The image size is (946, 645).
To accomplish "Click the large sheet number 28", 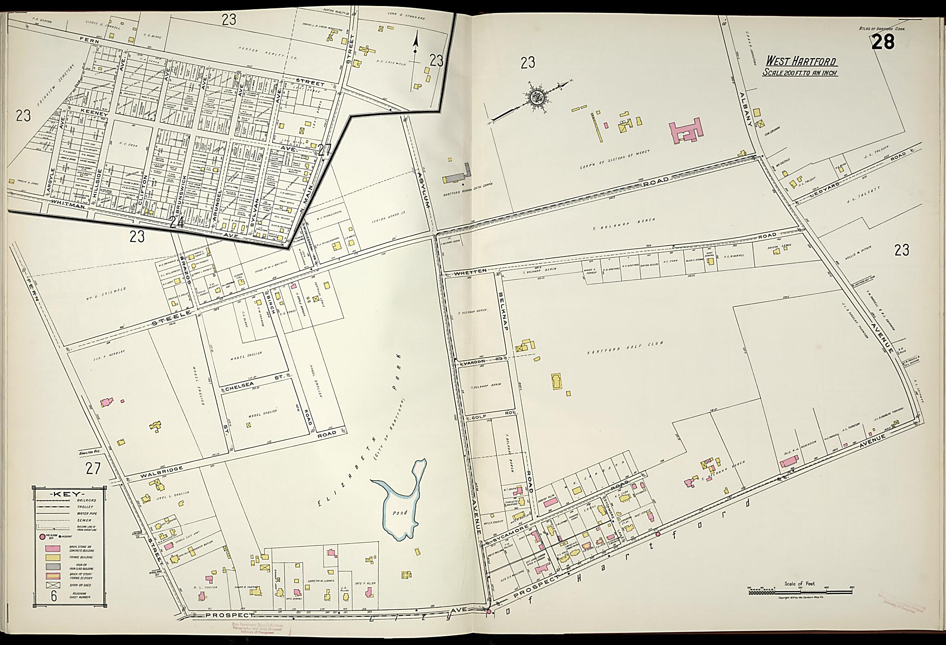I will tap(882, 42).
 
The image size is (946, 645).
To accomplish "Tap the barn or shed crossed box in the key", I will tap(53, 585).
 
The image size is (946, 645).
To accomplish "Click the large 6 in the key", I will tap(54, 596).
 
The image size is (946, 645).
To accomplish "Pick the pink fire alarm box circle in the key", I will tap(42, 536).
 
